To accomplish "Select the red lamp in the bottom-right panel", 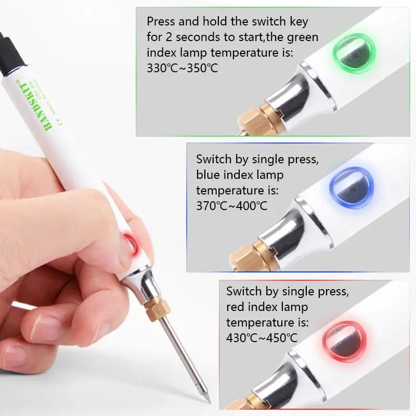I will [x=344, y=341].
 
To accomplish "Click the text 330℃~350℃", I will [x=183, y=68].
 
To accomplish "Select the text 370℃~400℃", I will [x=231, y=205].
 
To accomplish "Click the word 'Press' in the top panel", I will [x=162, y=22].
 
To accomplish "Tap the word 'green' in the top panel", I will [x=303, y=37].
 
